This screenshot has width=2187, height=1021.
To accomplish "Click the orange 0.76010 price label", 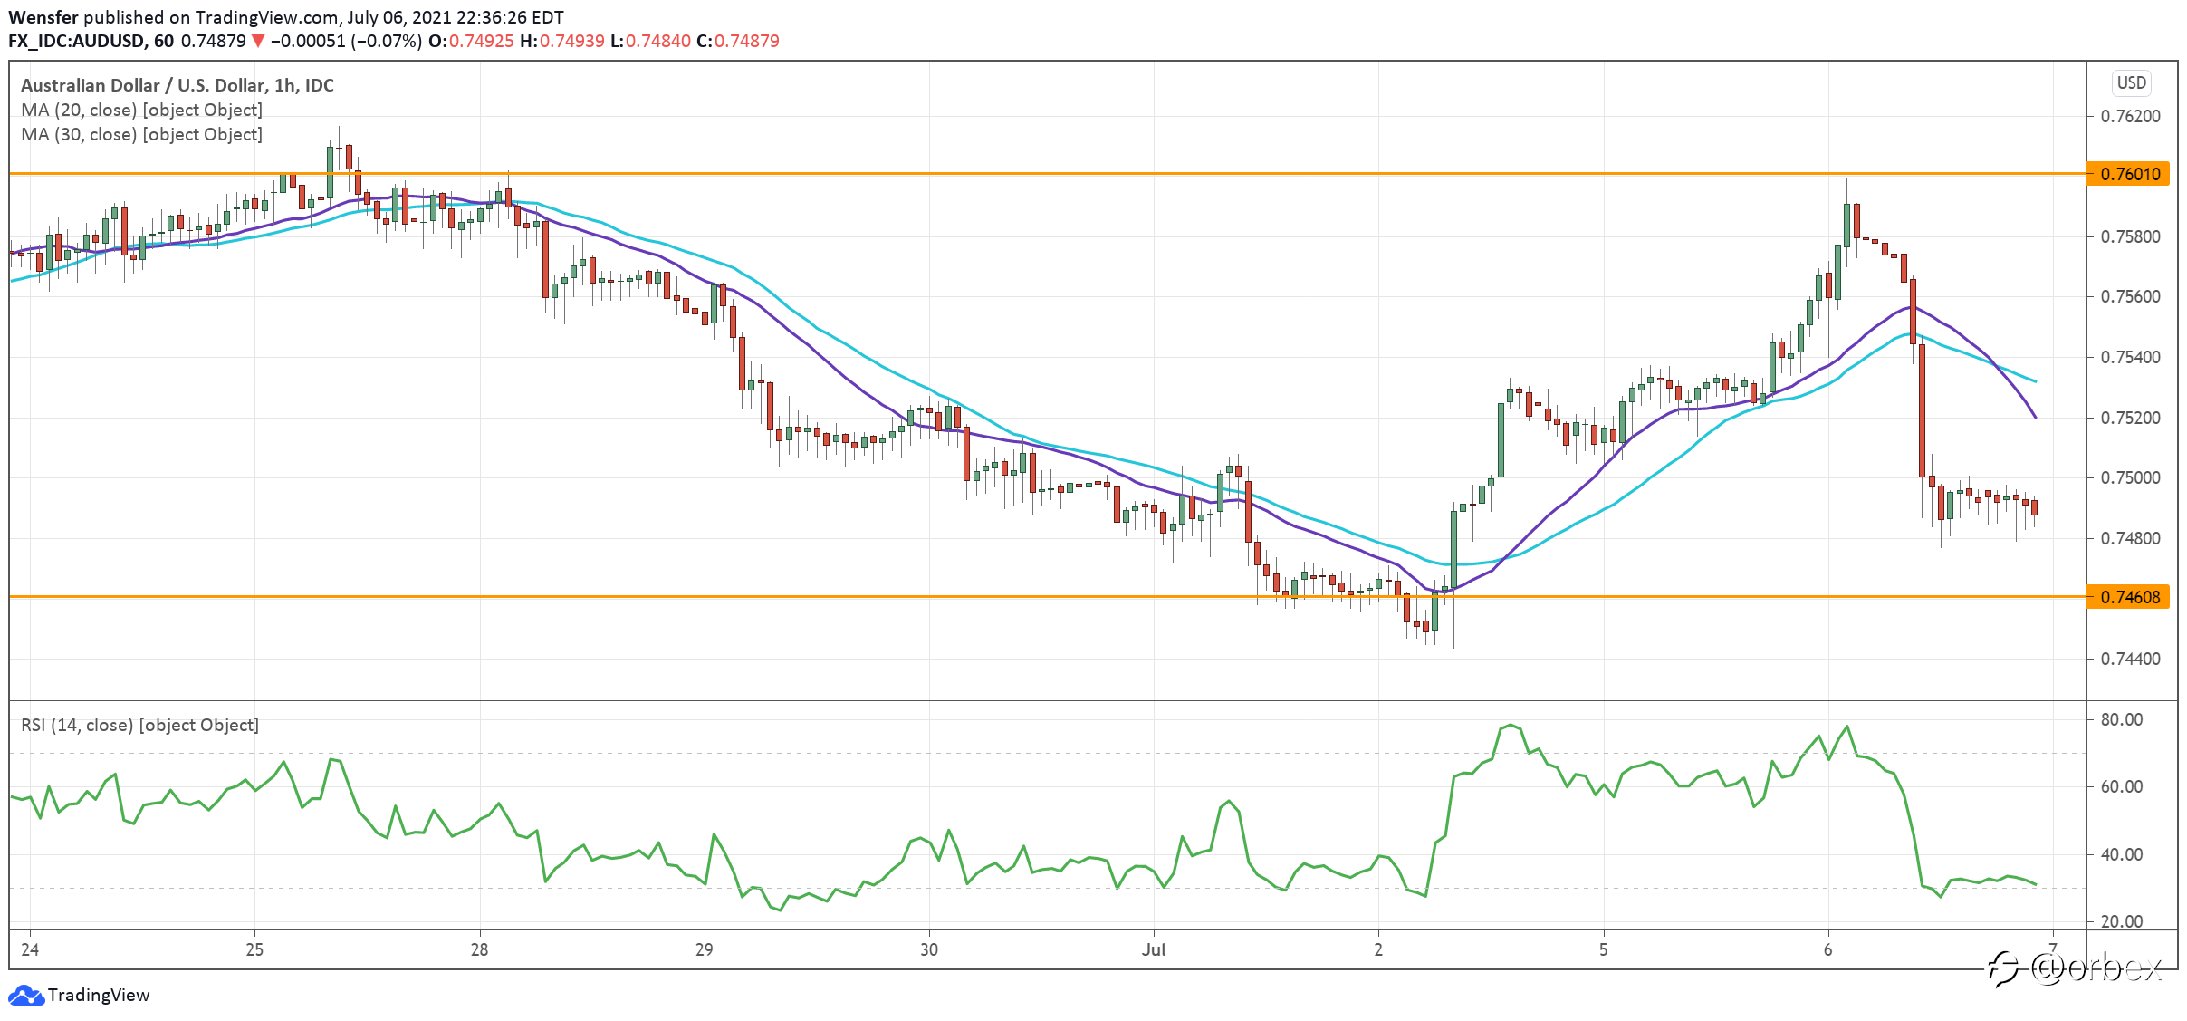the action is [2128, 174].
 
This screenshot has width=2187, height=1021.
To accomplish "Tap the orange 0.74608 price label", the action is [2128, 597].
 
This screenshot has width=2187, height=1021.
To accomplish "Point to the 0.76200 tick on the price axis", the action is [2130, 117].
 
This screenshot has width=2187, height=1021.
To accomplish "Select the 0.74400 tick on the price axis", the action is [2130, 660].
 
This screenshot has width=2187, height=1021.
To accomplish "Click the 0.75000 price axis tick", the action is [2130, 478].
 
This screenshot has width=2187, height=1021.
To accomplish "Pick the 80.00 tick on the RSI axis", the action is [2122, 720].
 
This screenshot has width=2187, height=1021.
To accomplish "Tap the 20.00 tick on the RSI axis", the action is [2122, 922].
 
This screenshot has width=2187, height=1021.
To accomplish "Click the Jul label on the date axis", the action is [1154, 950].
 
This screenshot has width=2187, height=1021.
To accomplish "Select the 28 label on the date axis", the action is [479, 950].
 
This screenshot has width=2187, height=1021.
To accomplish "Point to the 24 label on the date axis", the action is [30, 950].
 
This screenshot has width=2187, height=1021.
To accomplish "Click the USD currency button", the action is [2132, 83].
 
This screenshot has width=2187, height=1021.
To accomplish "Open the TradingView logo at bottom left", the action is [79, 996].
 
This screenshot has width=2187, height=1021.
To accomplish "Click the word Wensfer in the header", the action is [43, 17].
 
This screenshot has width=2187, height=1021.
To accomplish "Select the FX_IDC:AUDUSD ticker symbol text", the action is [77, 41].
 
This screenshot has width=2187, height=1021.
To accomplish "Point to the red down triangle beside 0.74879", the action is [258, 41].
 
